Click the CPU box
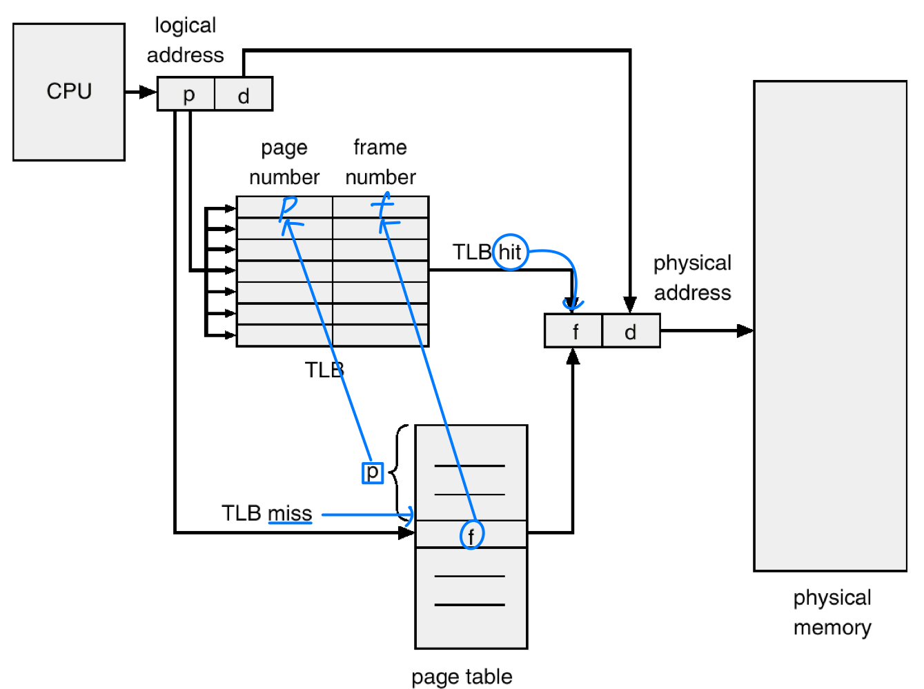click(x=69, y=92)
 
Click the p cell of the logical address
click(x=187, y=94)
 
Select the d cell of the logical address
click(x=244, y=94)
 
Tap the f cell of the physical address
click(x=574, y=331)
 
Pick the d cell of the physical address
click(x=631, y=331)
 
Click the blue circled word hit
click(x=511, y=252)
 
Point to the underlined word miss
click(x=290, y=514)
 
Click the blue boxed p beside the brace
click(x=373, y=472)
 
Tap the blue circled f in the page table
click(x=472, y=535)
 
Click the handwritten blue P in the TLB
click(x=287, y=208)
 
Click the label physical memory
click(x=832, y=612)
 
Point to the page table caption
click(x=462, y=677)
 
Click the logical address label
click(x=185, y=40)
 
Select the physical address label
click(x=692, y=277)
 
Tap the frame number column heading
click(x=380, y=162)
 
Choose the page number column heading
click(x=284, y=162)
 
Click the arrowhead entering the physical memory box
click(x=745, y=331)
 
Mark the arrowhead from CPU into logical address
click(x=148, y=92)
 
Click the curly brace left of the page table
click(x=399, y=472)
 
